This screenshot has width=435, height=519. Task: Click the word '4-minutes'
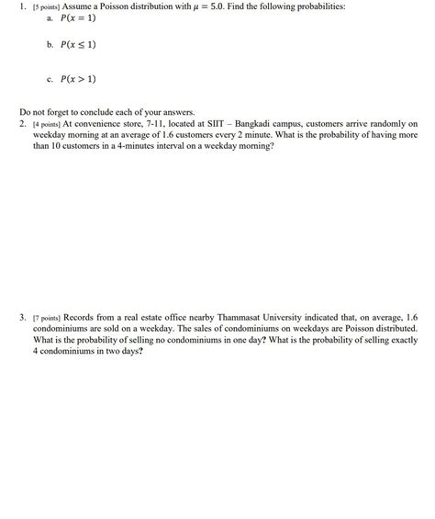[x=148, y=144]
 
